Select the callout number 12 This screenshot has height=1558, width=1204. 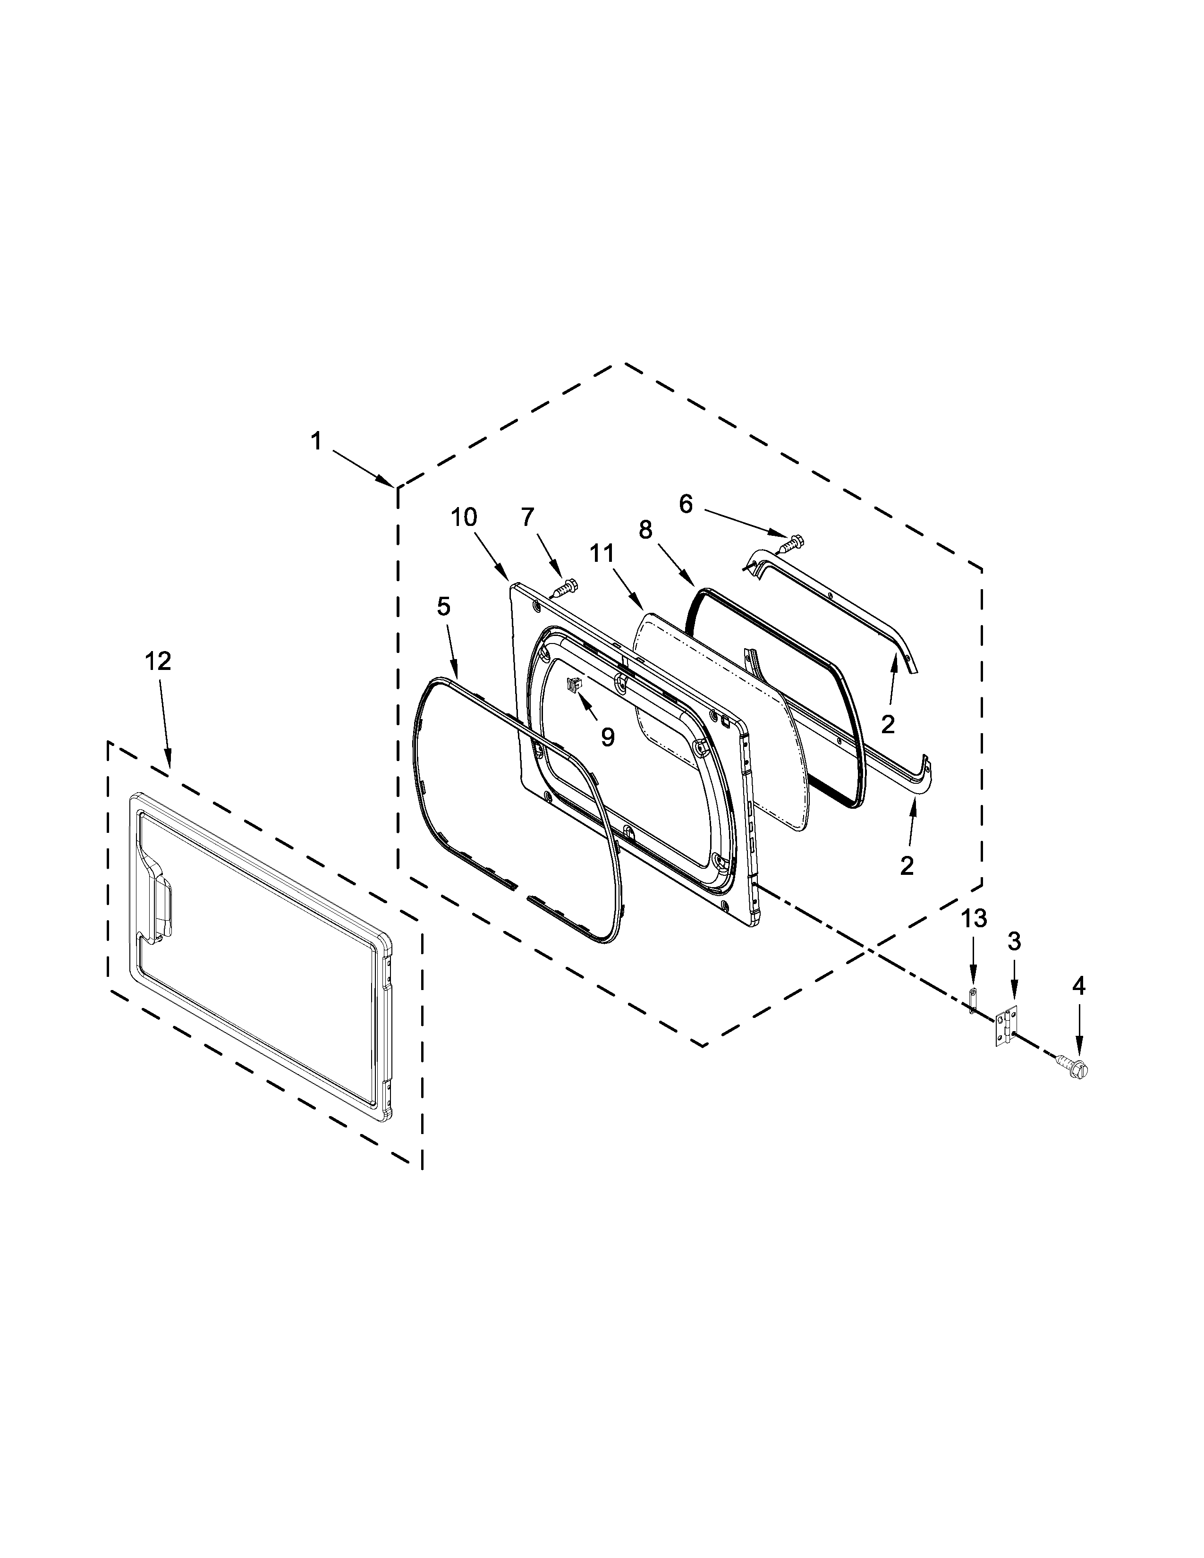pos(158,661)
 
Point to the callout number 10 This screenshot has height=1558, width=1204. pos(464,517)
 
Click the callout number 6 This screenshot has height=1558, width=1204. pos(686,504)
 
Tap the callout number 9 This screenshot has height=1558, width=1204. pos(607,737)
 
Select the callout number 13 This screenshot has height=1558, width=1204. pos(974,919)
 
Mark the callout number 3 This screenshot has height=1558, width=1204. pos(1014,942)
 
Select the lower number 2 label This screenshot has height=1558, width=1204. pos(907,866)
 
